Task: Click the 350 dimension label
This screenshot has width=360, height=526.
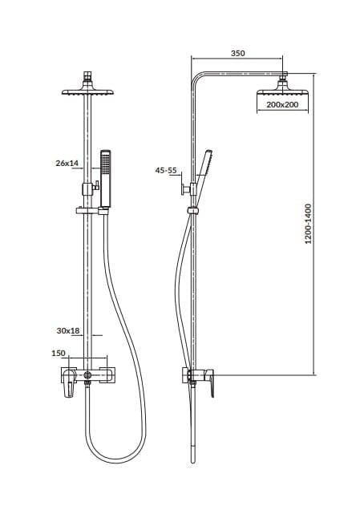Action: (238, 53)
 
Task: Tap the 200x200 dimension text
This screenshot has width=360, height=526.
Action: (282, 105)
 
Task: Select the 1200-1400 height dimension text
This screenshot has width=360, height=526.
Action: (308, 224)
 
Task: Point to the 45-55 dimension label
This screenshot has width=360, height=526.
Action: (166, 171)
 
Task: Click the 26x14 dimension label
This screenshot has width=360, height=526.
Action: (67, 164)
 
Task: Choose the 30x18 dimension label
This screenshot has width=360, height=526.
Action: (68, 331)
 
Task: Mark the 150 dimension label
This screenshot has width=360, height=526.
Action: (59, 354)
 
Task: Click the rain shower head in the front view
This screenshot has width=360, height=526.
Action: (87, 91)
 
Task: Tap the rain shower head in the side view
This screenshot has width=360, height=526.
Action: (282, 91)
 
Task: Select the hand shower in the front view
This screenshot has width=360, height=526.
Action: (106, 178)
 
